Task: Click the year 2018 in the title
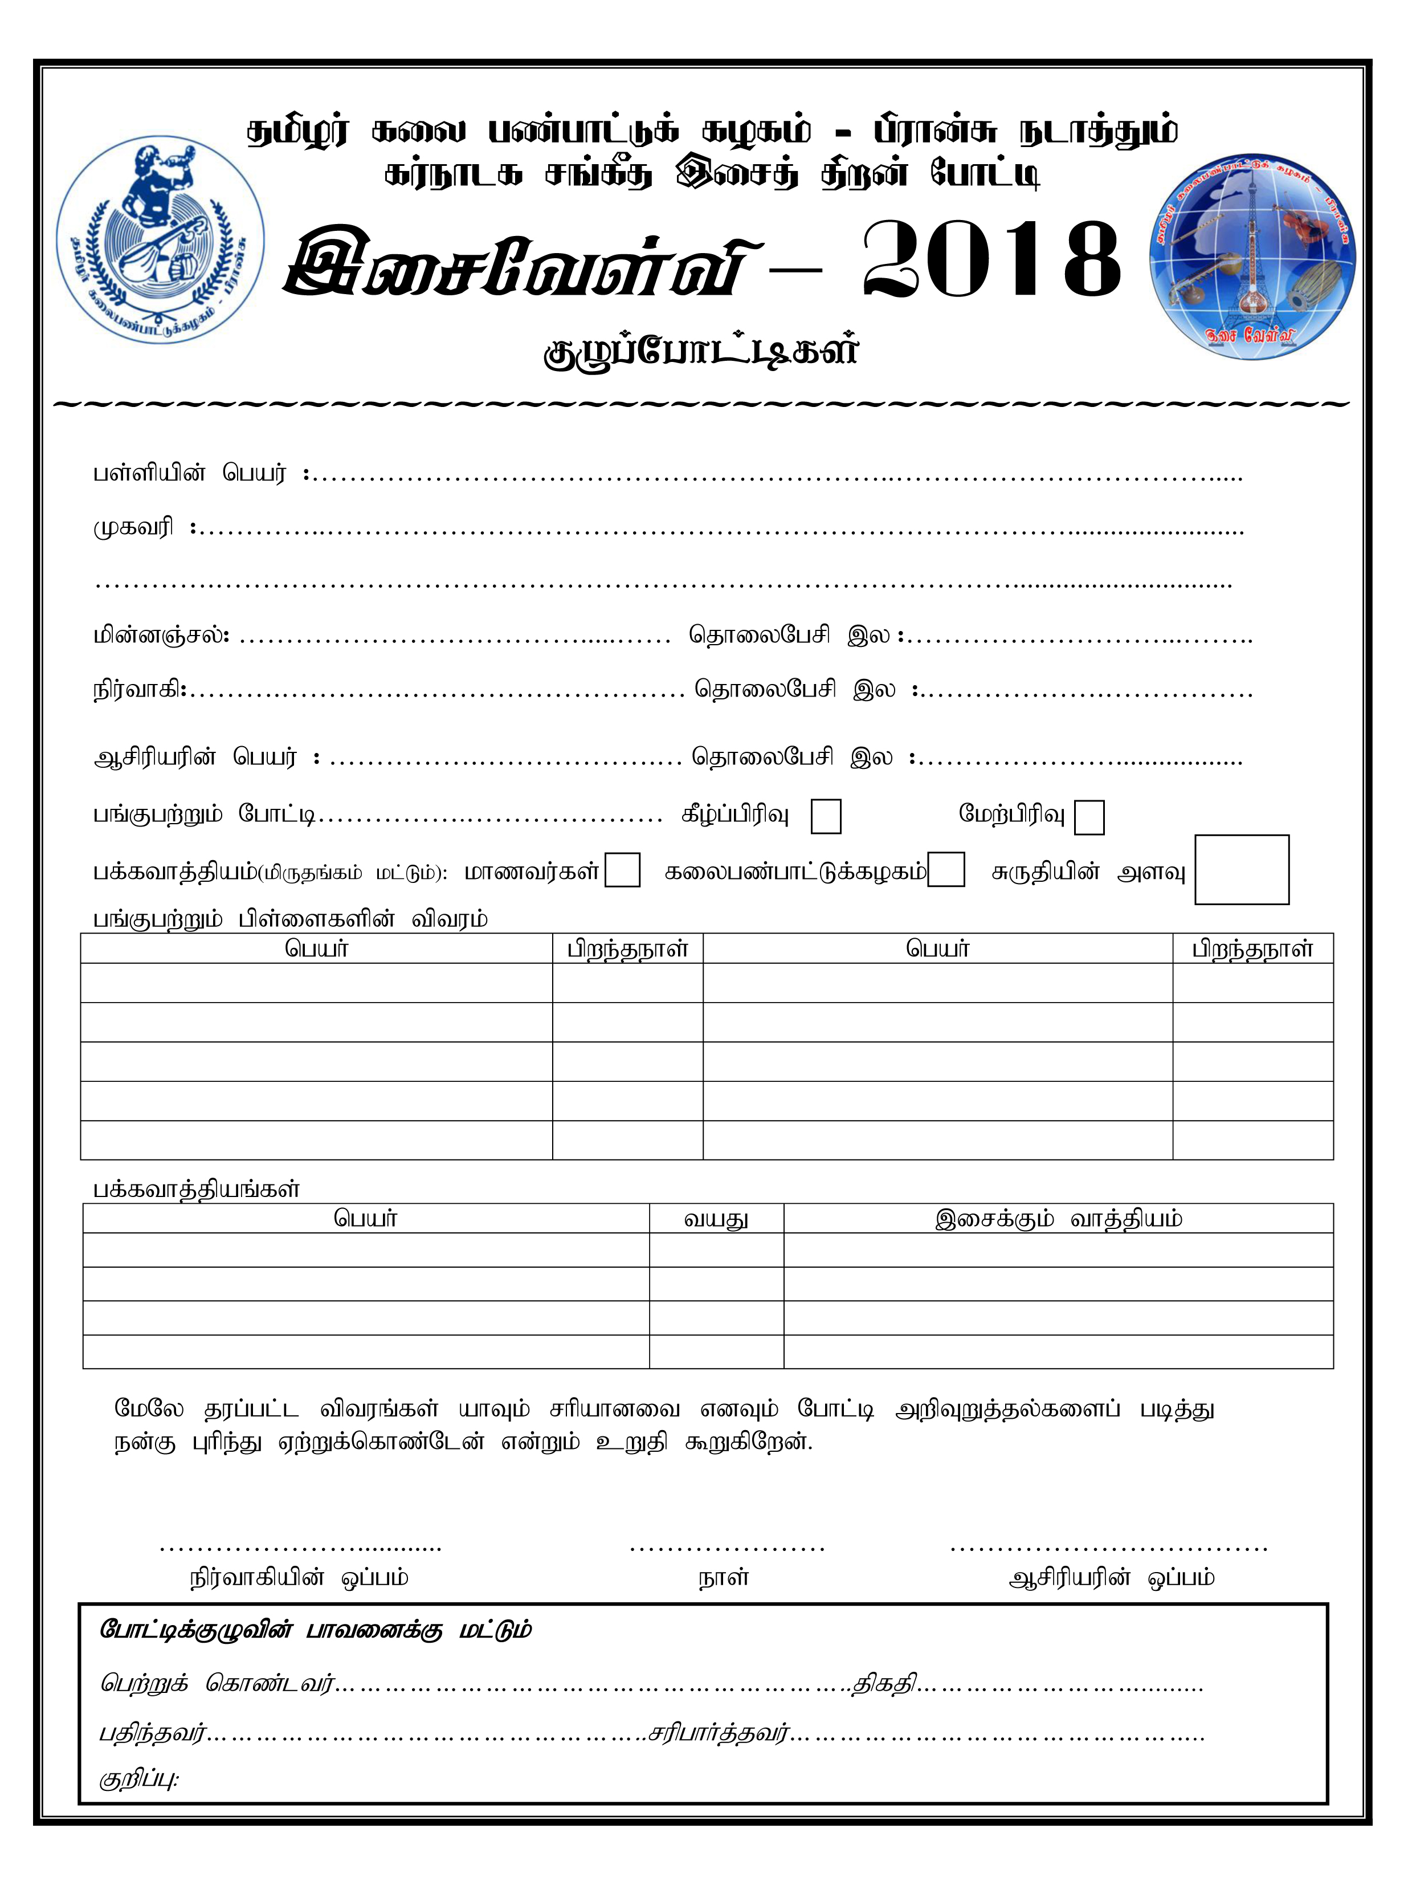(990, 260)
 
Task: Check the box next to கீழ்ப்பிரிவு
(825, 816)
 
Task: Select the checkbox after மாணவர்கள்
(622, 870)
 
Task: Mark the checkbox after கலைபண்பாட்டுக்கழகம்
(946, 870)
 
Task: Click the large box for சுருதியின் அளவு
(1240, 869)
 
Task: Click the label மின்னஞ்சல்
(160, 635)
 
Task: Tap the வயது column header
(716, 1219)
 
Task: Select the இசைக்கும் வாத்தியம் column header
(1058, 1219)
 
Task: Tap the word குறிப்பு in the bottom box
(138, 1780)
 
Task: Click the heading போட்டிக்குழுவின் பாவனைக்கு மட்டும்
(315, 1630)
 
